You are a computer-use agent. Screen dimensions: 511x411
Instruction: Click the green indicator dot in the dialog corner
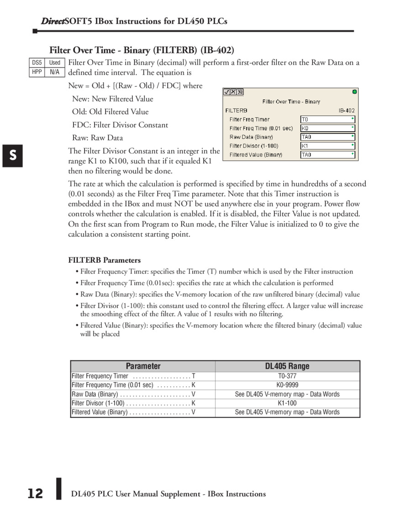point(354,92)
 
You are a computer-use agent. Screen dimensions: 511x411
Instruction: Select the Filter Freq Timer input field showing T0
point(327,119)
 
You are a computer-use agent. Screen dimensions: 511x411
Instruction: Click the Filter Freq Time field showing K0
point(327,128)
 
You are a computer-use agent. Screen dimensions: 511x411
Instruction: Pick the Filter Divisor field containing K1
point(327,146)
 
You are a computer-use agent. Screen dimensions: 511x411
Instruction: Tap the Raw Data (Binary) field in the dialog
point(327,137)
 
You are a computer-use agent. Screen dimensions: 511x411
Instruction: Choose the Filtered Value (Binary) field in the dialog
point(327,155)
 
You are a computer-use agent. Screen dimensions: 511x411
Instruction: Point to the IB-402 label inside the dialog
point(347,111)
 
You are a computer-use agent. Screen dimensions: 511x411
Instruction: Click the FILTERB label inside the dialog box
point(237,111)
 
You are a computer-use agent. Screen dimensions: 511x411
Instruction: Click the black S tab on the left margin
point(12,156)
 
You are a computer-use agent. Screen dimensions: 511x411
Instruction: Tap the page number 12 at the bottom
point(35,494)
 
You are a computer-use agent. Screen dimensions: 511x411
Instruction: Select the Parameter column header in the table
point(143,366)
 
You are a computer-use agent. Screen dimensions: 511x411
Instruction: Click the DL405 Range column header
point(287,366)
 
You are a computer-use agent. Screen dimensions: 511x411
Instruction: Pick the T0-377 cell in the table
point(287,376)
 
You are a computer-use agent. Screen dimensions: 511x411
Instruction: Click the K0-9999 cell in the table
point(287,385)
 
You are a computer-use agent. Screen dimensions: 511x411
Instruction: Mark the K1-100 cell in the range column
point(287,403)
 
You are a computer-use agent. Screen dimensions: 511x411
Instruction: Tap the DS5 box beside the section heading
point(37,63)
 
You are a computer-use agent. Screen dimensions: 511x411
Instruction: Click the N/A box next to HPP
point(54,72)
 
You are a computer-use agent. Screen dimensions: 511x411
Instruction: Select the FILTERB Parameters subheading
point(105,260)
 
